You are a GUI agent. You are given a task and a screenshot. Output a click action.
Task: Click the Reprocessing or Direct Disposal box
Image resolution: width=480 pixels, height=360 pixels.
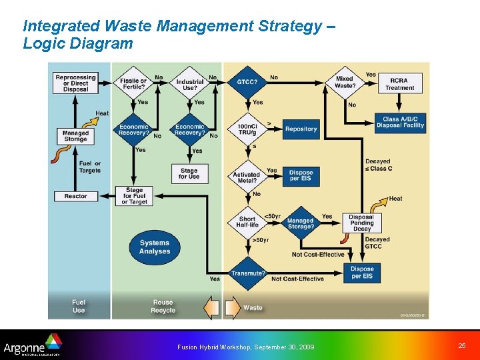[75, 83]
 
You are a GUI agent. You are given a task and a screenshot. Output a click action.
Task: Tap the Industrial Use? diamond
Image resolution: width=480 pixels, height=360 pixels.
[190, 85]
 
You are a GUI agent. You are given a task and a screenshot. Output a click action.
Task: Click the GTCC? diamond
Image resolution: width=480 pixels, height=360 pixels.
[247, 82]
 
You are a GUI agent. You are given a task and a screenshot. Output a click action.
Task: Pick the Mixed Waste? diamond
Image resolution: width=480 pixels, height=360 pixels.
[345, 82]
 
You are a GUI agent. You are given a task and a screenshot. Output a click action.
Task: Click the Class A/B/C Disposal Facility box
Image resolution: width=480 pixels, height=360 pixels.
[400, 122]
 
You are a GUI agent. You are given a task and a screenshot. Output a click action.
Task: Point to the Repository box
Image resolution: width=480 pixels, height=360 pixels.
[301, 129]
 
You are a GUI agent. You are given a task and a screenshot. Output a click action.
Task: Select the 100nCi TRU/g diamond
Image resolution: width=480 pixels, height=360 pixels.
[247, 129]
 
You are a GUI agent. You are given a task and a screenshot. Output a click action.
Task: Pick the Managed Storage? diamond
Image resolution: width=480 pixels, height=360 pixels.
[300, 223]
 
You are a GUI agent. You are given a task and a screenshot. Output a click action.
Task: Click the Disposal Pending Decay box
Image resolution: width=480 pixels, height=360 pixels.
[362, 223]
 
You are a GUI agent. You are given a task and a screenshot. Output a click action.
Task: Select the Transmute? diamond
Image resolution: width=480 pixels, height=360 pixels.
[247, 273]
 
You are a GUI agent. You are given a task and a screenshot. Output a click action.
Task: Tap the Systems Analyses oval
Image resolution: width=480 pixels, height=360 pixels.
[155, 247]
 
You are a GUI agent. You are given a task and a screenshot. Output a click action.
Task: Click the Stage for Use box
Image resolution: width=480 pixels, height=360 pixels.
[189, 173]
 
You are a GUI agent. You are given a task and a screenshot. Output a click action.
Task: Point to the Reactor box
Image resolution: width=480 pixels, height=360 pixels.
[75, 197]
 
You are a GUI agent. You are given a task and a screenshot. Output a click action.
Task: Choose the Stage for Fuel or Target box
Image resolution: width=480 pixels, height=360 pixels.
[134, 197]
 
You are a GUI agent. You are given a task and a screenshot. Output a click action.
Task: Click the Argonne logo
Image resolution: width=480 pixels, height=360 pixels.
[32, 347]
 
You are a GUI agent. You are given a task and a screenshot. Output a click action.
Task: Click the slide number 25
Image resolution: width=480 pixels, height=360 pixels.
[462, 345]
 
